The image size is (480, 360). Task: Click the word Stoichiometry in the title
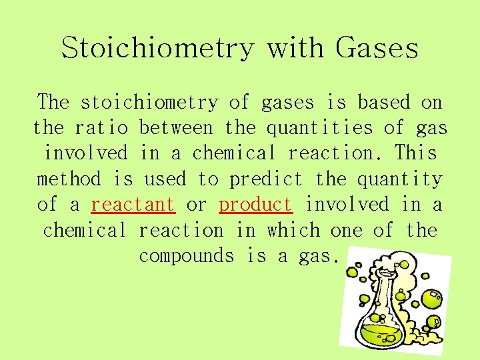tap(158, 48)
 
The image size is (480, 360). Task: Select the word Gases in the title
tap(377, 48)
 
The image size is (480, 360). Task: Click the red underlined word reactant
tap(133, 205)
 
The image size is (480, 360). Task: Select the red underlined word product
tap(255, 205)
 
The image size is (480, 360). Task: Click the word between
tap(176, 127)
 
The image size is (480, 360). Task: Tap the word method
tap(69, 179)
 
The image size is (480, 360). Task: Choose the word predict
tap(265, 179)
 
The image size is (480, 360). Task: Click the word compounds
tap(187, 256)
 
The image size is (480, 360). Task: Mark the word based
tap(384, 102)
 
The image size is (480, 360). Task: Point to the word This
tap(415, 153)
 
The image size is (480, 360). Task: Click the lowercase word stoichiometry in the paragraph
tap(149, 102)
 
